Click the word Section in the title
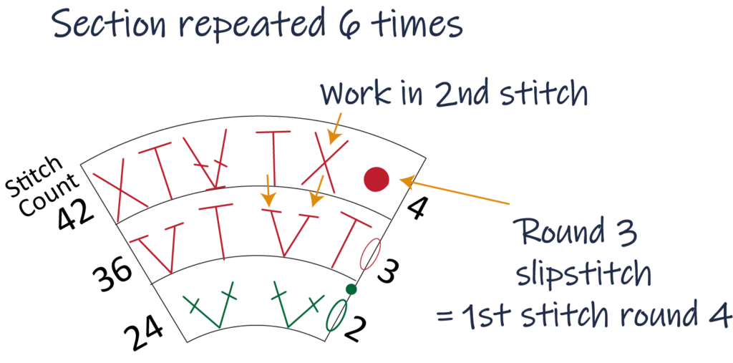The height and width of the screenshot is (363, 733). [99, 28]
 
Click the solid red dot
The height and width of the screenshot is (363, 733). [375, 180]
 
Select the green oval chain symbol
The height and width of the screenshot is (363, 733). [334, 314]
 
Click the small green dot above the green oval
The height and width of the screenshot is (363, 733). [351, 289]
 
